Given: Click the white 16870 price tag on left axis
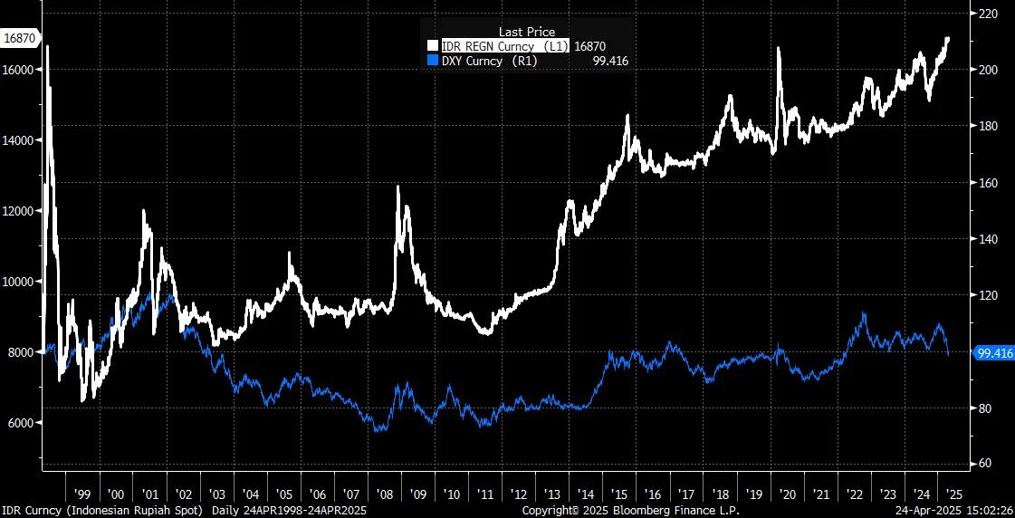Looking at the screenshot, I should coord(20,38).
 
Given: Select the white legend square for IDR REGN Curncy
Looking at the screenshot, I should coord(433,45).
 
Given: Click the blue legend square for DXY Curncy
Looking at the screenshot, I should coord(433,61).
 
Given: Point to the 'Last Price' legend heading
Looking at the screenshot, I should coord(527,32).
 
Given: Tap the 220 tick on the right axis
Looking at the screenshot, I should coord(984,14).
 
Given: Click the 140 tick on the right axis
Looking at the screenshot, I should coord(984,239).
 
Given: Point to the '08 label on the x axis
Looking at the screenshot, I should coord(385,494).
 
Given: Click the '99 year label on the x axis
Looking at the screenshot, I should coord(82,494).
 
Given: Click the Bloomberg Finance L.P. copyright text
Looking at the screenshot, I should coord(631,511).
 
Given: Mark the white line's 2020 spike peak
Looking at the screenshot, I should coord(779,48).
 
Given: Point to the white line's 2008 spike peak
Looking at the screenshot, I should coord(397,187).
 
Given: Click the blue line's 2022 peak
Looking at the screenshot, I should coord(864,313).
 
